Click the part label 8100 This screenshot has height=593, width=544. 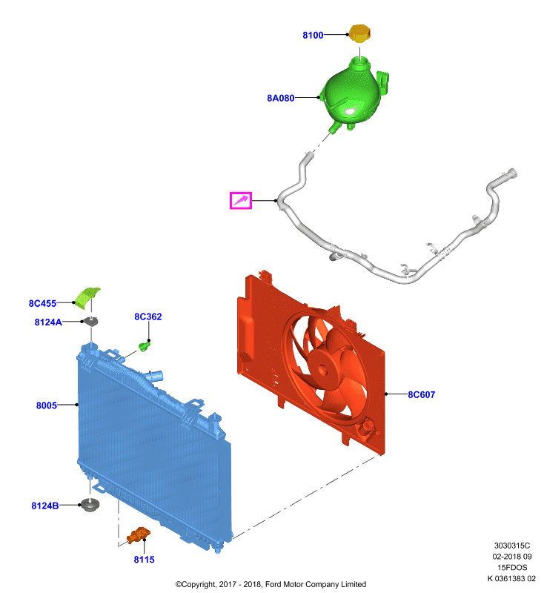point(313,35)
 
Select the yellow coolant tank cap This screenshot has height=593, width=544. point(359,33)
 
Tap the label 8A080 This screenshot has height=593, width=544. point(280,98)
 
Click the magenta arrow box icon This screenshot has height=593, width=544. point(241,200)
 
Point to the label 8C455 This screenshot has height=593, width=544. point(42,303)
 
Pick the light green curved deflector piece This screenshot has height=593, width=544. point(87,298)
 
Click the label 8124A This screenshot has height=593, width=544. point(48,322)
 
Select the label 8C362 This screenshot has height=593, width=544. point(148,317)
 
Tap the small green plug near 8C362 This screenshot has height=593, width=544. point(144,346)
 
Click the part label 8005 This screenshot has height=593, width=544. point(46,405)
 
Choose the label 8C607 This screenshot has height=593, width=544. point(422,394)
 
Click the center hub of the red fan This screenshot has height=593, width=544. point(322,369)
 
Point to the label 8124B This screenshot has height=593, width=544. point(45,506)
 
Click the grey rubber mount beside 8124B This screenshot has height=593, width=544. point(90,505)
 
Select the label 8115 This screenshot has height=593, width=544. point(144,560)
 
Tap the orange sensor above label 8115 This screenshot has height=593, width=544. point(139,534)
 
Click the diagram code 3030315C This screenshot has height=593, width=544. point(512,546)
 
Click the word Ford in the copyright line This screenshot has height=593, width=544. point(273,584)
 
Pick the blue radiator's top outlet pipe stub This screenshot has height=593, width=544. point(156,376)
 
